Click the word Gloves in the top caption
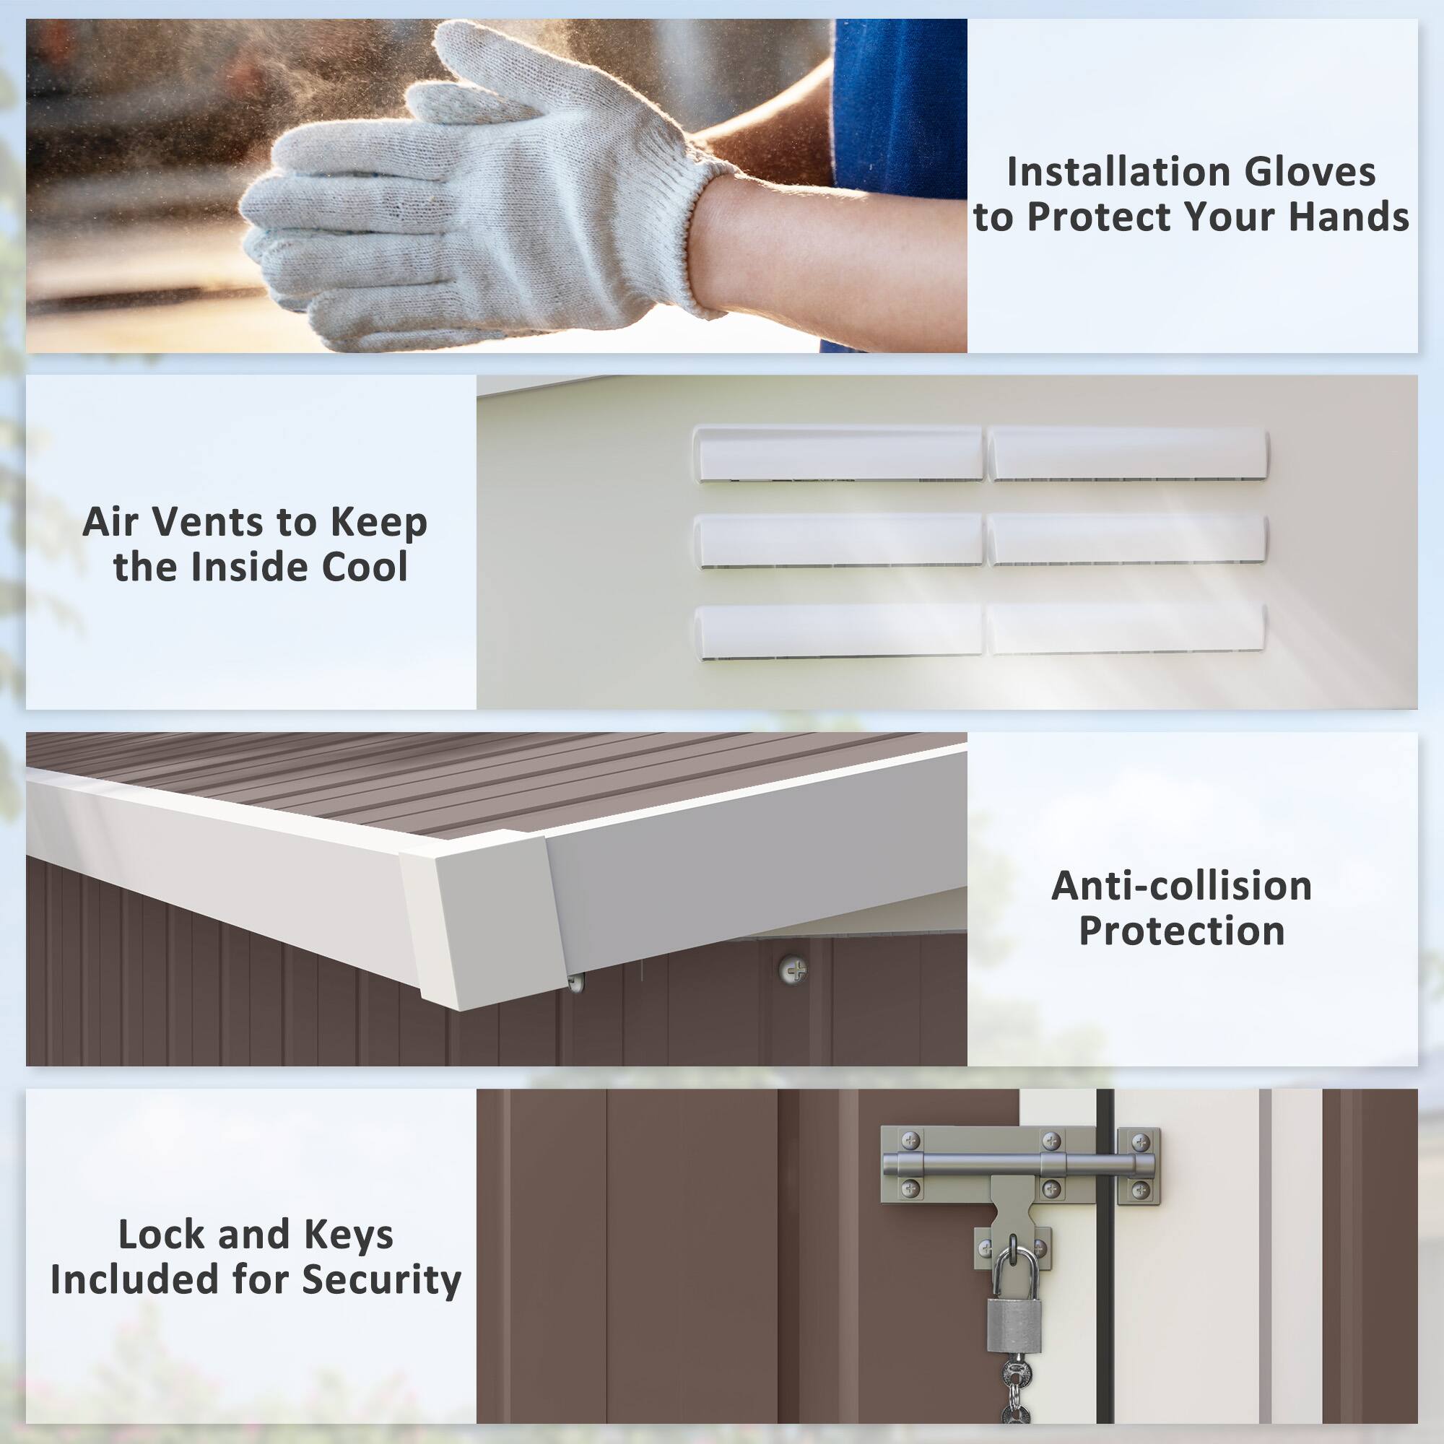pos(1310,172)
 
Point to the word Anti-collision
pos(1182,886)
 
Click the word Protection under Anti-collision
pos(1182,931)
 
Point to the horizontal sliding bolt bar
pos(1018,1165)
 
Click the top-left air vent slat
pos(838,453)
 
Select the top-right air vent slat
pos(1128,453)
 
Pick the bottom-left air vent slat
pos(838,632)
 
